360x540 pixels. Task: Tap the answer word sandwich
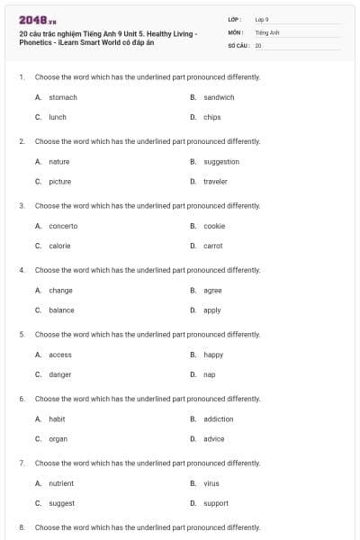pos(219,97)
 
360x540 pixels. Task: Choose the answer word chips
pos(212,117)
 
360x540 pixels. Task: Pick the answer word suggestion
pos(221,162)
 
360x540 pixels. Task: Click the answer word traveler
pos(215,182)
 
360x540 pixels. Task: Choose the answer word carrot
pos(212,246)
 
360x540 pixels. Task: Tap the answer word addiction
pos(219,418)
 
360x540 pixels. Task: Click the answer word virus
pos(211,483)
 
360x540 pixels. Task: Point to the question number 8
pos(21,526)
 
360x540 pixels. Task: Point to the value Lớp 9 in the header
pos(262,19)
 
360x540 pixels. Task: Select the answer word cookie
pos(214,226)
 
